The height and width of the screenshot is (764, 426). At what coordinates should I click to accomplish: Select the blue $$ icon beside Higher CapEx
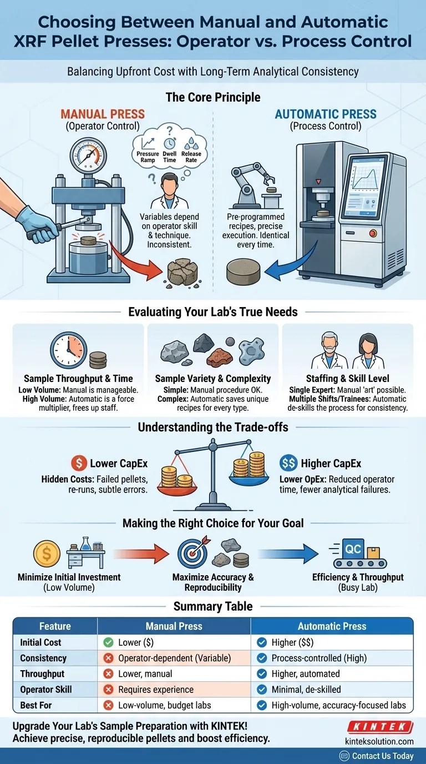(288, 463)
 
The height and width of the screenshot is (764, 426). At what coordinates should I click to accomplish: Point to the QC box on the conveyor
(353, 550)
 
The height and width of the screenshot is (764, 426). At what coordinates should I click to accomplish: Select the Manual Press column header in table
(174, 626)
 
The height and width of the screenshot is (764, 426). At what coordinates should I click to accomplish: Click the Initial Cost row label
(40, 642)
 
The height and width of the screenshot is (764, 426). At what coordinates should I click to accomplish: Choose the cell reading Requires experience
(156, 690)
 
